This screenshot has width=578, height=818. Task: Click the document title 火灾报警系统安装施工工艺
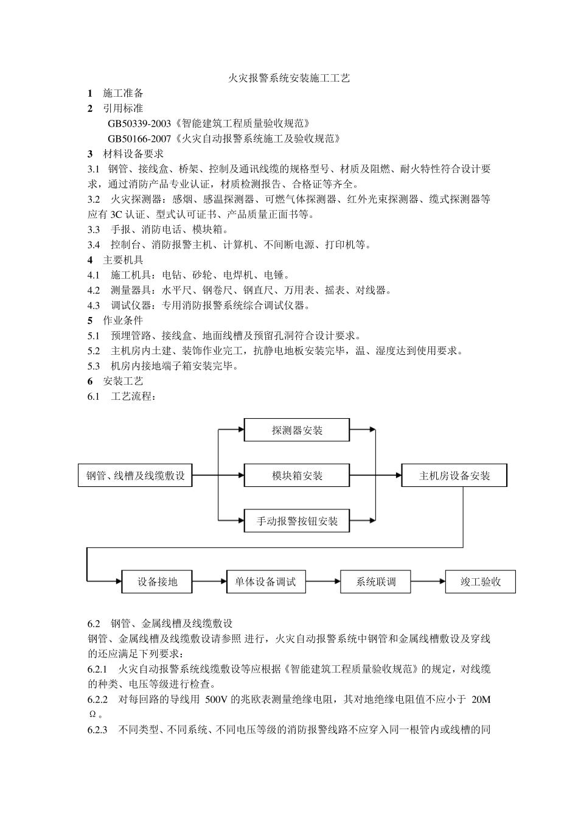click(288, 79)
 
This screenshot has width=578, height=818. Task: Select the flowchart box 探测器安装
click(297, 430)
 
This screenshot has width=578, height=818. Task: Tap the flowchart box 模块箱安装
click(297, 475)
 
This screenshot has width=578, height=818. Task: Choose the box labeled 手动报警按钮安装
click(297, 521)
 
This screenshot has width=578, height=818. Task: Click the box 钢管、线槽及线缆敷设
click(135, 475)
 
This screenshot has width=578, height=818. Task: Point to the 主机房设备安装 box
click(454, 475)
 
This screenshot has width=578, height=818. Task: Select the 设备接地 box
click(157, 582)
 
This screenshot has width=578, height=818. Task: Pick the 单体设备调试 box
click(265, 582)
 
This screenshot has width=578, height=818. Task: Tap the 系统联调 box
click(376, 582)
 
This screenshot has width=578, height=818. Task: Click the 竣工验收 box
click(481, 582)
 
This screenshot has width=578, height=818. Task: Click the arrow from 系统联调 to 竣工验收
click(428, 582)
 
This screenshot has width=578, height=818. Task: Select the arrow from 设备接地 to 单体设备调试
click(209, 582)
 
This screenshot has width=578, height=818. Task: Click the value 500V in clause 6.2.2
click(217, 699)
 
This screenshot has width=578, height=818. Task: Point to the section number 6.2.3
click(98, 730)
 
